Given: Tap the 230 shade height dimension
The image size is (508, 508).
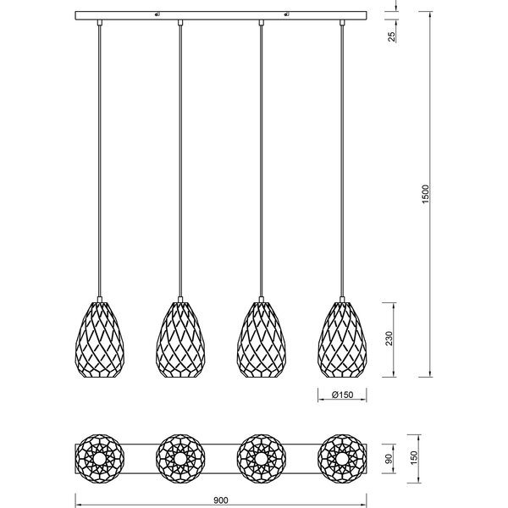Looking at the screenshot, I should pyautogui.click(x=389, y=338).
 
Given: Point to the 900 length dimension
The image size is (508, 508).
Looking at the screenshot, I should pyautogui.click(x=221, y=500).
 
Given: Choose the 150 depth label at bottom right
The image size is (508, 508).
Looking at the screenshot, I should pyautogui.click(x=413, y=457).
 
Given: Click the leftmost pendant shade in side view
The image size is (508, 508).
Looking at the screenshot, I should pyautogui.click(x=99, y=338).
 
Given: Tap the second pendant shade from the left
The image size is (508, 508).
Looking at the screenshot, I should pyautogui.click(x=180, y=338).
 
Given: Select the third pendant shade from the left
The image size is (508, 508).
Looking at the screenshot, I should pyautogui.click(x=262, y=338).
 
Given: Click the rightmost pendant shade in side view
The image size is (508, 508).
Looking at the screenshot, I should pyautogui.click(x=343, y=338).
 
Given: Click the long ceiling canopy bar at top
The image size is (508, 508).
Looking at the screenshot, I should pyautogui.click(x=221, y=17).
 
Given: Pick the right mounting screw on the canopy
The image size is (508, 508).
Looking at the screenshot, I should pyautogui.click(x=286, y=14).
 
